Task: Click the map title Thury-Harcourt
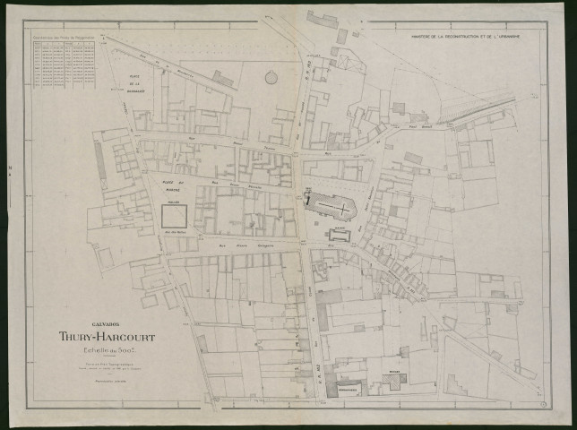[107, 337]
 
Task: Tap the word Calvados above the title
[107, 323]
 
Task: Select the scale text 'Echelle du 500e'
[107, 352]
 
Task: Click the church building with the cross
[330, 206]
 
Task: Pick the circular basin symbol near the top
[271, 77]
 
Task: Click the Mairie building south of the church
[340, 236]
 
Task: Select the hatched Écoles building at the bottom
[395, 381]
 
